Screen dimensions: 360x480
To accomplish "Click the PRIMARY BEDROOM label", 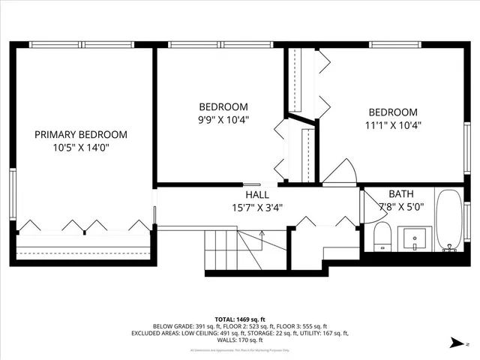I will [x=81, y=134].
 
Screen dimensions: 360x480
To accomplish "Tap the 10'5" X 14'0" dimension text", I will [x=81, y=147].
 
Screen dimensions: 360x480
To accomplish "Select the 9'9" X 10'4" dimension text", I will [x=223, y=118].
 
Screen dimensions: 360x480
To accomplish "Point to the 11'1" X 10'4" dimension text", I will [x=392, y=125].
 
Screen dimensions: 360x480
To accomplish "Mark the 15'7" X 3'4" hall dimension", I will [x=257, y=208].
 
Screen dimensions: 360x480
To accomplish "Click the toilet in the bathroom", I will [x=382, y=237].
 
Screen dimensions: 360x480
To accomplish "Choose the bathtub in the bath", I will [x=449, y=220].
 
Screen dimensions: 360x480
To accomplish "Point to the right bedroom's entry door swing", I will [x=339, y=173].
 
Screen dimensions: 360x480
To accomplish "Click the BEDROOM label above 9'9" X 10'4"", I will [x=223, y=106].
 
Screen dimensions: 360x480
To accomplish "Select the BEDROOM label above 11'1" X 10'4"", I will [x=392, y=112].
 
